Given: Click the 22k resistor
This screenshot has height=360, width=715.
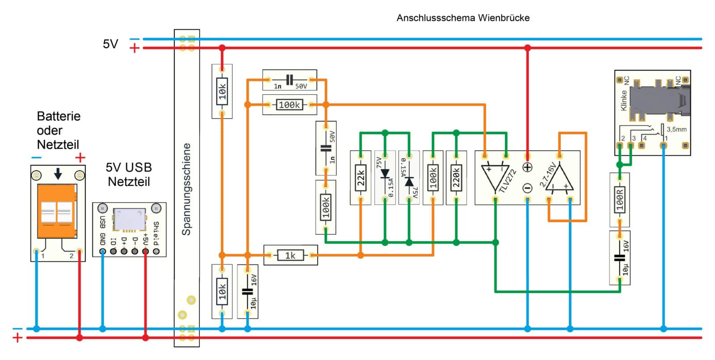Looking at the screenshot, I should [x=361, y=178].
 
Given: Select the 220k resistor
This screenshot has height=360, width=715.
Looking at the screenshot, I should [x=456, y=178].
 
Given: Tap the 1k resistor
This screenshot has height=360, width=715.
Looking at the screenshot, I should [x=290, y=255].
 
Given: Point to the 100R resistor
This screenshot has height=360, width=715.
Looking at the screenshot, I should [x=619, y=200].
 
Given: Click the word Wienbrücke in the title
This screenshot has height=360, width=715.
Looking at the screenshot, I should [x=504, y=18].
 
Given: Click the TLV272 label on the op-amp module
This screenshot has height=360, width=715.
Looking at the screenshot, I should [x=508, y=181].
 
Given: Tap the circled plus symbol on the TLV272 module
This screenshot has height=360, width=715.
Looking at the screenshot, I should [x=527, y=167].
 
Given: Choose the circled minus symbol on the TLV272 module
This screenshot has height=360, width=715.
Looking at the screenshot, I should [x=527, y=188].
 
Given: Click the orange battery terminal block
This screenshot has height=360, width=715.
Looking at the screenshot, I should [x=57, y=211].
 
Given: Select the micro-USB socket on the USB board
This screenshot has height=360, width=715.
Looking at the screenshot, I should [x=129, y=219].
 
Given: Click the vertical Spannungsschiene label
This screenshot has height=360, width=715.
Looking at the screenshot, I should [x=186, y=189].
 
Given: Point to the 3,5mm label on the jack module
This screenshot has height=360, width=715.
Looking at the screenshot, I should [x=677, y=130].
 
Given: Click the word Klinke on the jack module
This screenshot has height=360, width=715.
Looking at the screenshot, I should [x=624, y=100].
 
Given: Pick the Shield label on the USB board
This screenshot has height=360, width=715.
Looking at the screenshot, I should [x=156, y=233].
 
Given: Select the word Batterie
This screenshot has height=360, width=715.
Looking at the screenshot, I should [x=59, y=116].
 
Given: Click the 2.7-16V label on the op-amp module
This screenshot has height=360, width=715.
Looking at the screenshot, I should [x=548, y=175].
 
